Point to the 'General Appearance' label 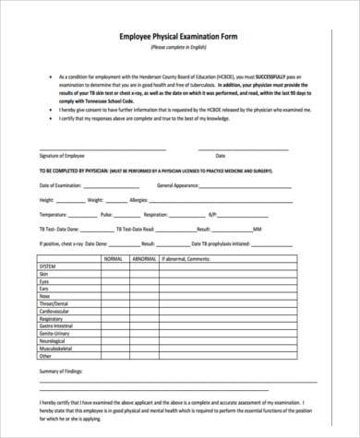click(x=181, y=185)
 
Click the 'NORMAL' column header click(x=113, y=261)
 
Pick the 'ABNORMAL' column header click(x=145, y=261)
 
